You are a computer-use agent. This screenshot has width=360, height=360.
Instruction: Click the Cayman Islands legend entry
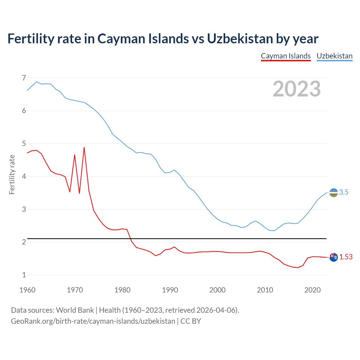tap(285, 56)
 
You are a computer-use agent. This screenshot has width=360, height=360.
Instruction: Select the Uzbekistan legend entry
tap(334, 56)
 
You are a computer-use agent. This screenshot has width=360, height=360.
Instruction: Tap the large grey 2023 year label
tap(296, 89)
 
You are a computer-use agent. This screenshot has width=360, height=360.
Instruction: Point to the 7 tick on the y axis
tap(24, 78)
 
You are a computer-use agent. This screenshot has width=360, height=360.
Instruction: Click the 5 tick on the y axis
tap(24, 144)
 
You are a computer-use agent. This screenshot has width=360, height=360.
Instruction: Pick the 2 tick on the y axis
tap(24, 242)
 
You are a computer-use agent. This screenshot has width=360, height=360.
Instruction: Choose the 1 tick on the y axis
tap(24, 275)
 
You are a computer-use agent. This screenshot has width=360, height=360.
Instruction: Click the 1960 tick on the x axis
tap(27, 290)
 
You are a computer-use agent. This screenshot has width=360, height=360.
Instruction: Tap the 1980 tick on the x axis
tap(122, 290)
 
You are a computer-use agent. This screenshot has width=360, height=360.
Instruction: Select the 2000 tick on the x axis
tap(217, 290)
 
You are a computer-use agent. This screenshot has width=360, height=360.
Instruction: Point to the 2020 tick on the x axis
tap(312, 290)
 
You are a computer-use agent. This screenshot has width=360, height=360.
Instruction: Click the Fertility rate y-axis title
tap(12, 174)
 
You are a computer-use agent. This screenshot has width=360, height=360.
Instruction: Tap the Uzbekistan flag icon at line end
tap(333, 193)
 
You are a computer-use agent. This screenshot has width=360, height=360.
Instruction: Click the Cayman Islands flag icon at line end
tap(333, 257)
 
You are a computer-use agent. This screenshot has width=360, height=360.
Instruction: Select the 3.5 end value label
tap(344, 192)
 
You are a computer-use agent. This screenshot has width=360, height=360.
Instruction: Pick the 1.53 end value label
tap(346, 257)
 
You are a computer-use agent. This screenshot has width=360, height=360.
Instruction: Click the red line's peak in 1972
tap(84, 147)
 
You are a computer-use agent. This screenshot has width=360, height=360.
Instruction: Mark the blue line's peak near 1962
tap(37, 82)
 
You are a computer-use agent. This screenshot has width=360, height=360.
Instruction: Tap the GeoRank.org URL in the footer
tap(93, 321)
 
